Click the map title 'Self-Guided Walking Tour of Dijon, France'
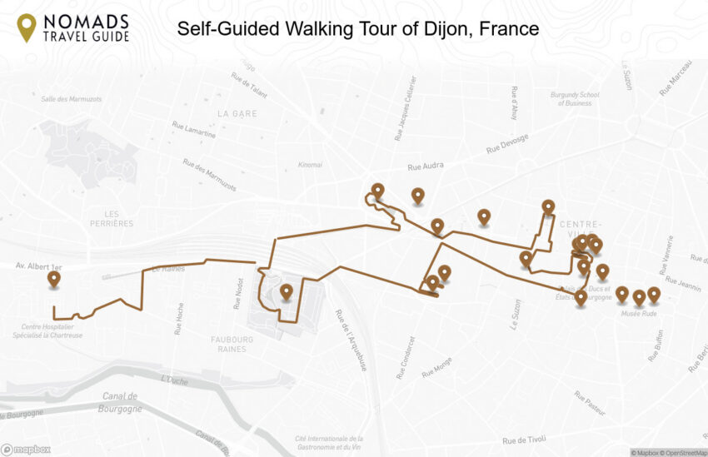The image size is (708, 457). tap(357, 28)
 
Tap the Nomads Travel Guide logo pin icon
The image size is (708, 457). tap(27, 27)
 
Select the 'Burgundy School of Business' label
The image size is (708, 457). tap(575, 98)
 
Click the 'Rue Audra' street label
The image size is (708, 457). tap(427, 166)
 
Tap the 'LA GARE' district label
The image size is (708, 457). tap(237, 113)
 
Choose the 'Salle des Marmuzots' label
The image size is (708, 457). tap(71, 100)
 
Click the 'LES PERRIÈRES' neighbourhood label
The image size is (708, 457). tap(112, 218)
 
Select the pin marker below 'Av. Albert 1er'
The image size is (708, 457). tap(54, 279)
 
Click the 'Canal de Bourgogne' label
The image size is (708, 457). tap(120, 401)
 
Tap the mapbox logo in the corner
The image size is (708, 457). tap(27, 450)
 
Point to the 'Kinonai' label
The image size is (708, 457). tap(310, 165)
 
